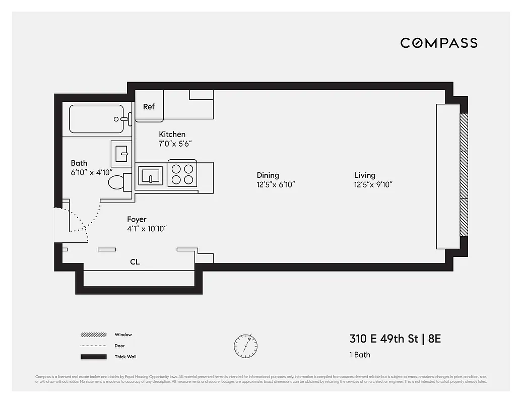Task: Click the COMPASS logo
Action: coord(438,43)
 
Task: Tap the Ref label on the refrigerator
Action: coord(149,106)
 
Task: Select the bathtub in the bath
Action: coord(96,119)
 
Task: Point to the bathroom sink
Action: coord(121,152)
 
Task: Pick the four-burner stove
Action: coord(182,174)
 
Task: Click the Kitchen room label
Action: coord(172,134)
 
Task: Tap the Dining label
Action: coord(268,175)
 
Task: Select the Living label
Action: coord(365,175)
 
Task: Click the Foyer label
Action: coord(137,220)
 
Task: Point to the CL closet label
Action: coord(135,262)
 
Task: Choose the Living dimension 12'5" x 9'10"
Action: coord(373,184)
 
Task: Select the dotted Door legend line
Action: coord(93,346)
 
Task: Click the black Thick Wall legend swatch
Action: coord(93,357)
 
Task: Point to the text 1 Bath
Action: coord(360,355)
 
